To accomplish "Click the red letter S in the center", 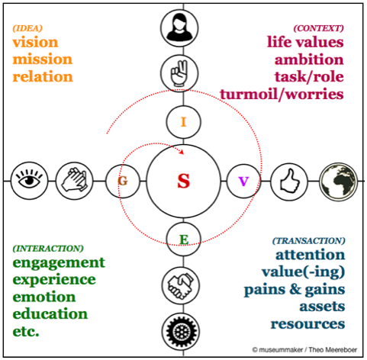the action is tap(184, 181).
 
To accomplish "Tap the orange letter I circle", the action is tap(183, 122).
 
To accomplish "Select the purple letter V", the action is tap(243, 182).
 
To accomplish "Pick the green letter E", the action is tap(184, 239).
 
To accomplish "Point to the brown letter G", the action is tap(123, 181).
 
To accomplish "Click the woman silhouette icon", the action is tap(179, 28).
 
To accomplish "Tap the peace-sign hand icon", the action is tap(179, 73).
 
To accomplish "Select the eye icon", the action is tap(30, 181).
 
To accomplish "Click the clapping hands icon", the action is tap(74, 181).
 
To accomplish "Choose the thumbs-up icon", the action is tap(289, 182).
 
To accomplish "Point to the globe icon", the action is tap(339, 182).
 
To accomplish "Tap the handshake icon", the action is tap(180, 286).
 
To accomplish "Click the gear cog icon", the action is tap(181, 332).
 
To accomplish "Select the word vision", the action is tap(35, 43).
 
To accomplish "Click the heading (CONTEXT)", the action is tap(318, 28).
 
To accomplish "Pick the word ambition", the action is tap(309, 59).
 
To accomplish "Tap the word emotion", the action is tap(44, 297).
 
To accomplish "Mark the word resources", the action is tap(307, 324).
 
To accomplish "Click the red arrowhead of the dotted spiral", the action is tap(182, 152).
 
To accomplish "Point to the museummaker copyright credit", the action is tap(304, 350).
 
